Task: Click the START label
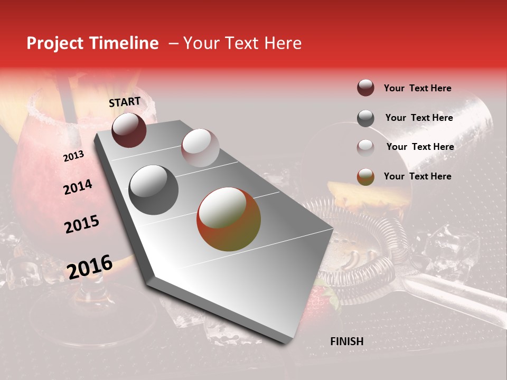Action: [x=125, y=101]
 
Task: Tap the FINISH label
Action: [x=346, y=341]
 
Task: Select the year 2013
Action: [x=73, y=156]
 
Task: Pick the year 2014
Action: [x=78, y=187]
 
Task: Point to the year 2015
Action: [x=81, y=224]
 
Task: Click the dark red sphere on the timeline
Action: [x=129, y=130]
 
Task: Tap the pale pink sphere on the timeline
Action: [x=200, y=148]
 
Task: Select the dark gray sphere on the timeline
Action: [x=154, y=190]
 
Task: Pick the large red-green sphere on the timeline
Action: [x=229, y=219]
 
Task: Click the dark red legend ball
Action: [x=365, y=88]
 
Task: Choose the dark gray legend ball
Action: [x=365, y=118]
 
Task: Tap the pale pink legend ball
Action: [x=365, y=147]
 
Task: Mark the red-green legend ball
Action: [x=365, y=177]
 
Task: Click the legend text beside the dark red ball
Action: [x=417, y=88]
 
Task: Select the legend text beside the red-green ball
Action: [x=417, y=176]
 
